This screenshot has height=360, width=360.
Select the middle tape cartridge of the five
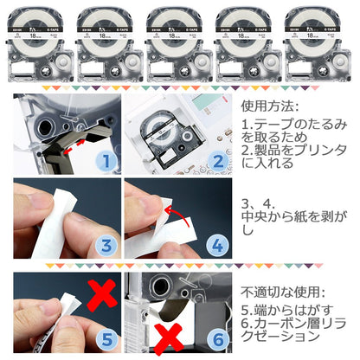(180, 40)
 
